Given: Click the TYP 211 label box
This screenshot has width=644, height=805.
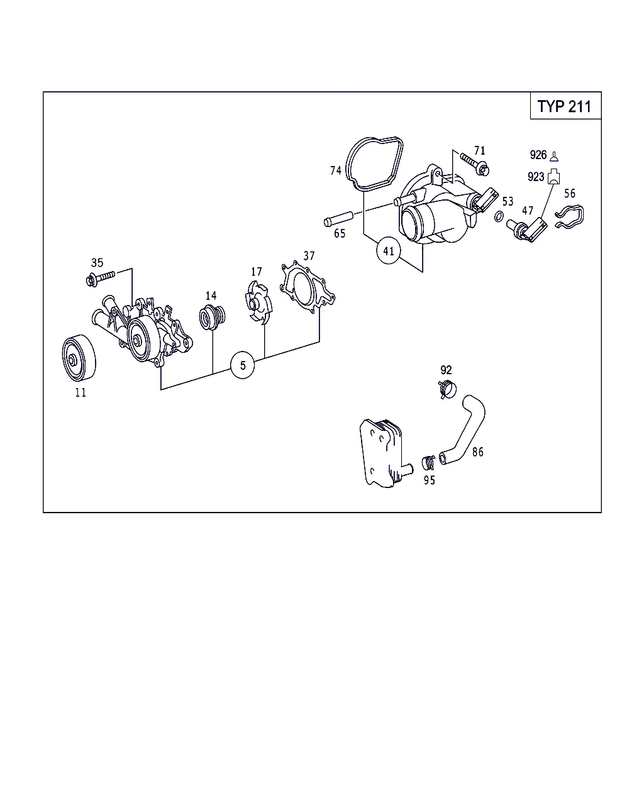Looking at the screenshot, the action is [x=565, y=106].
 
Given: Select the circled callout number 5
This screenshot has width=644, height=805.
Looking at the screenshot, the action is [x=243, y=365].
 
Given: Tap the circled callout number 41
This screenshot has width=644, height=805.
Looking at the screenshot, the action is [x=389, y=251].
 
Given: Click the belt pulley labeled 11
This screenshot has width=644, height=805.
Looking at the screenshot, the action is [x=79, y=358].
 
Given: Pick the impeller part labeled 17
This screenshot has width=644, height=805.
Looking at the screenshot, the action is [x=258, y=304].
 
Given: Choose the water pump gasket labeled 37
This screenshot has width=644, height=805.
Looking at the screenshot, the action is [x=307, y=287].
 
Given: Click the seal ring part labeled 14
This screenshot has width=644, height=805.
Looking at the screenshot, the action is [x=212, y=318].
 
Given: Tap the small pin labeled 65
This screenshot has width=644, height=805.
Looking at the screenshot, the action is [x=338, y=219].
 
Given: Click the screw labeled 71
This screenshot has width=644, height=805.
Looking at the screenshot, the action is [x=474, y=164].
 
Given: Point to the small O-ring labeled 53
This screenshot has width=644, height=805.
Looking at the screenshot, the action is [x=499, y=216].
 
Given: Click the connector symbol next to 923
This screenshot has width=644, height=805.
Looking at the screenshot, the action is [x=553, y=177].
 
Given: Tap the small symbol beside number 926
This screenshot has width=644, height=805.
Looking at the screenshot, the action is [x=554, y=157].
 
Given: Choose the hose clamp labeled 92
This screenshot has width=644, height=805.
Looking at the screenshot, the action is [x=447, y=389].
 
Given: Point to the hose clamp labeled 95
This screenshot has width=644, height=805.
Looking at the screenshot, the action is [x=428, y=463].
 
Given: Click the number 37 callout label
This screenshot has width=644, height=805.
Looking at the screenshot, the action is [x=309, y=256].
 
